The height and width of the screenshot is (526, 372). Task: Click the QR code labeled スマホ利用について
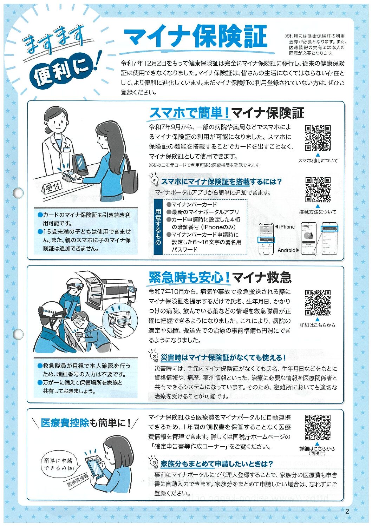318,138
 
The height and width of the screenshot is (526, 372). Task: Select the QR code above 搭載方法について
318,190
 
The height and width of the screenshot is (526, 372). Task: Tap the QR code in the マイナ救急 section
318,303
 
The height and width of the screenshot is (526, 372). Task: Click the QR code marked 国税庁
318,428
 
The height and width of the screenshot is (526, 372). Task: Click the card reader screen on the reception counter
80,164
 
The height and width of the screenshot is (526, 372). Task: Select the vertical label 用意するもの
158,227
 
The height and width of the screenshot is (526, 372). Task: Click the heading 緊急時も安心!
189,277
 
